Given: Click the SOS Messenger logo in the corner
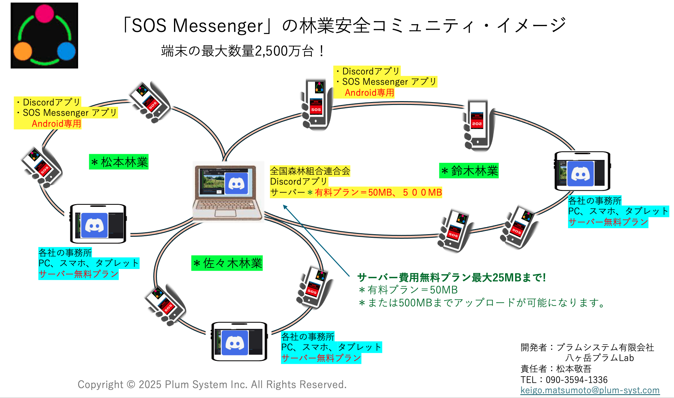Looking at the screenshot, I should [44, 36].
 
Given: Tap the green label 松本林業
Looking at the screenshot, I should [119, 162].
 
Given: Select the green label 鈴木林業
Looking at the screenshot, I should [469, 171].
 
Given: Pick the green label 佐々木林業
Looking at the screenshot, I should [227, 263].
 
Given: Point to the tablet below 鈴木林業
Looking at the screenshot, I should [582, 171].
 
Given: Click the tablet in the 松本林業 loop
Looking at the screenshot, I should [98, 224].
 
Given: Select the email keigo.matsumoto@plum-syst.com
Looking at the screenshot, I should [590, 390].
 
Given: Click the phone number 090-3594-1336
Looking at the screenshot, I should [577, 380].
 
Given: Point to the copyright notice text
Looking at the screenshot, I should [212, 384].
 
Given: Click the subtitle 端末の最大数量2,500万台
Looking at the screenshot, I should [242, 51].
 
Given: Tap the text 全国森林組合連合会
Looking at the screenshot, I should [310, 171].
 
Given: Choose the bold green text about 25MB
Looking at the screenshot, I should [451, 278].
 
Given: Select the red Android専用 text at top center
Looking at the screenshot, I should [369, 93].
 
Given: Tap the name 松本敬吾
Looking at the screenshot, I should [574, 369].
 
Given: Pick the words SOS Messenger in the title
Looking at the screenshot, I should [197, 26].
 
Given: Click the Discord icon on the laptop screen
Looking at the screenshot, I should [236, 183].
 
